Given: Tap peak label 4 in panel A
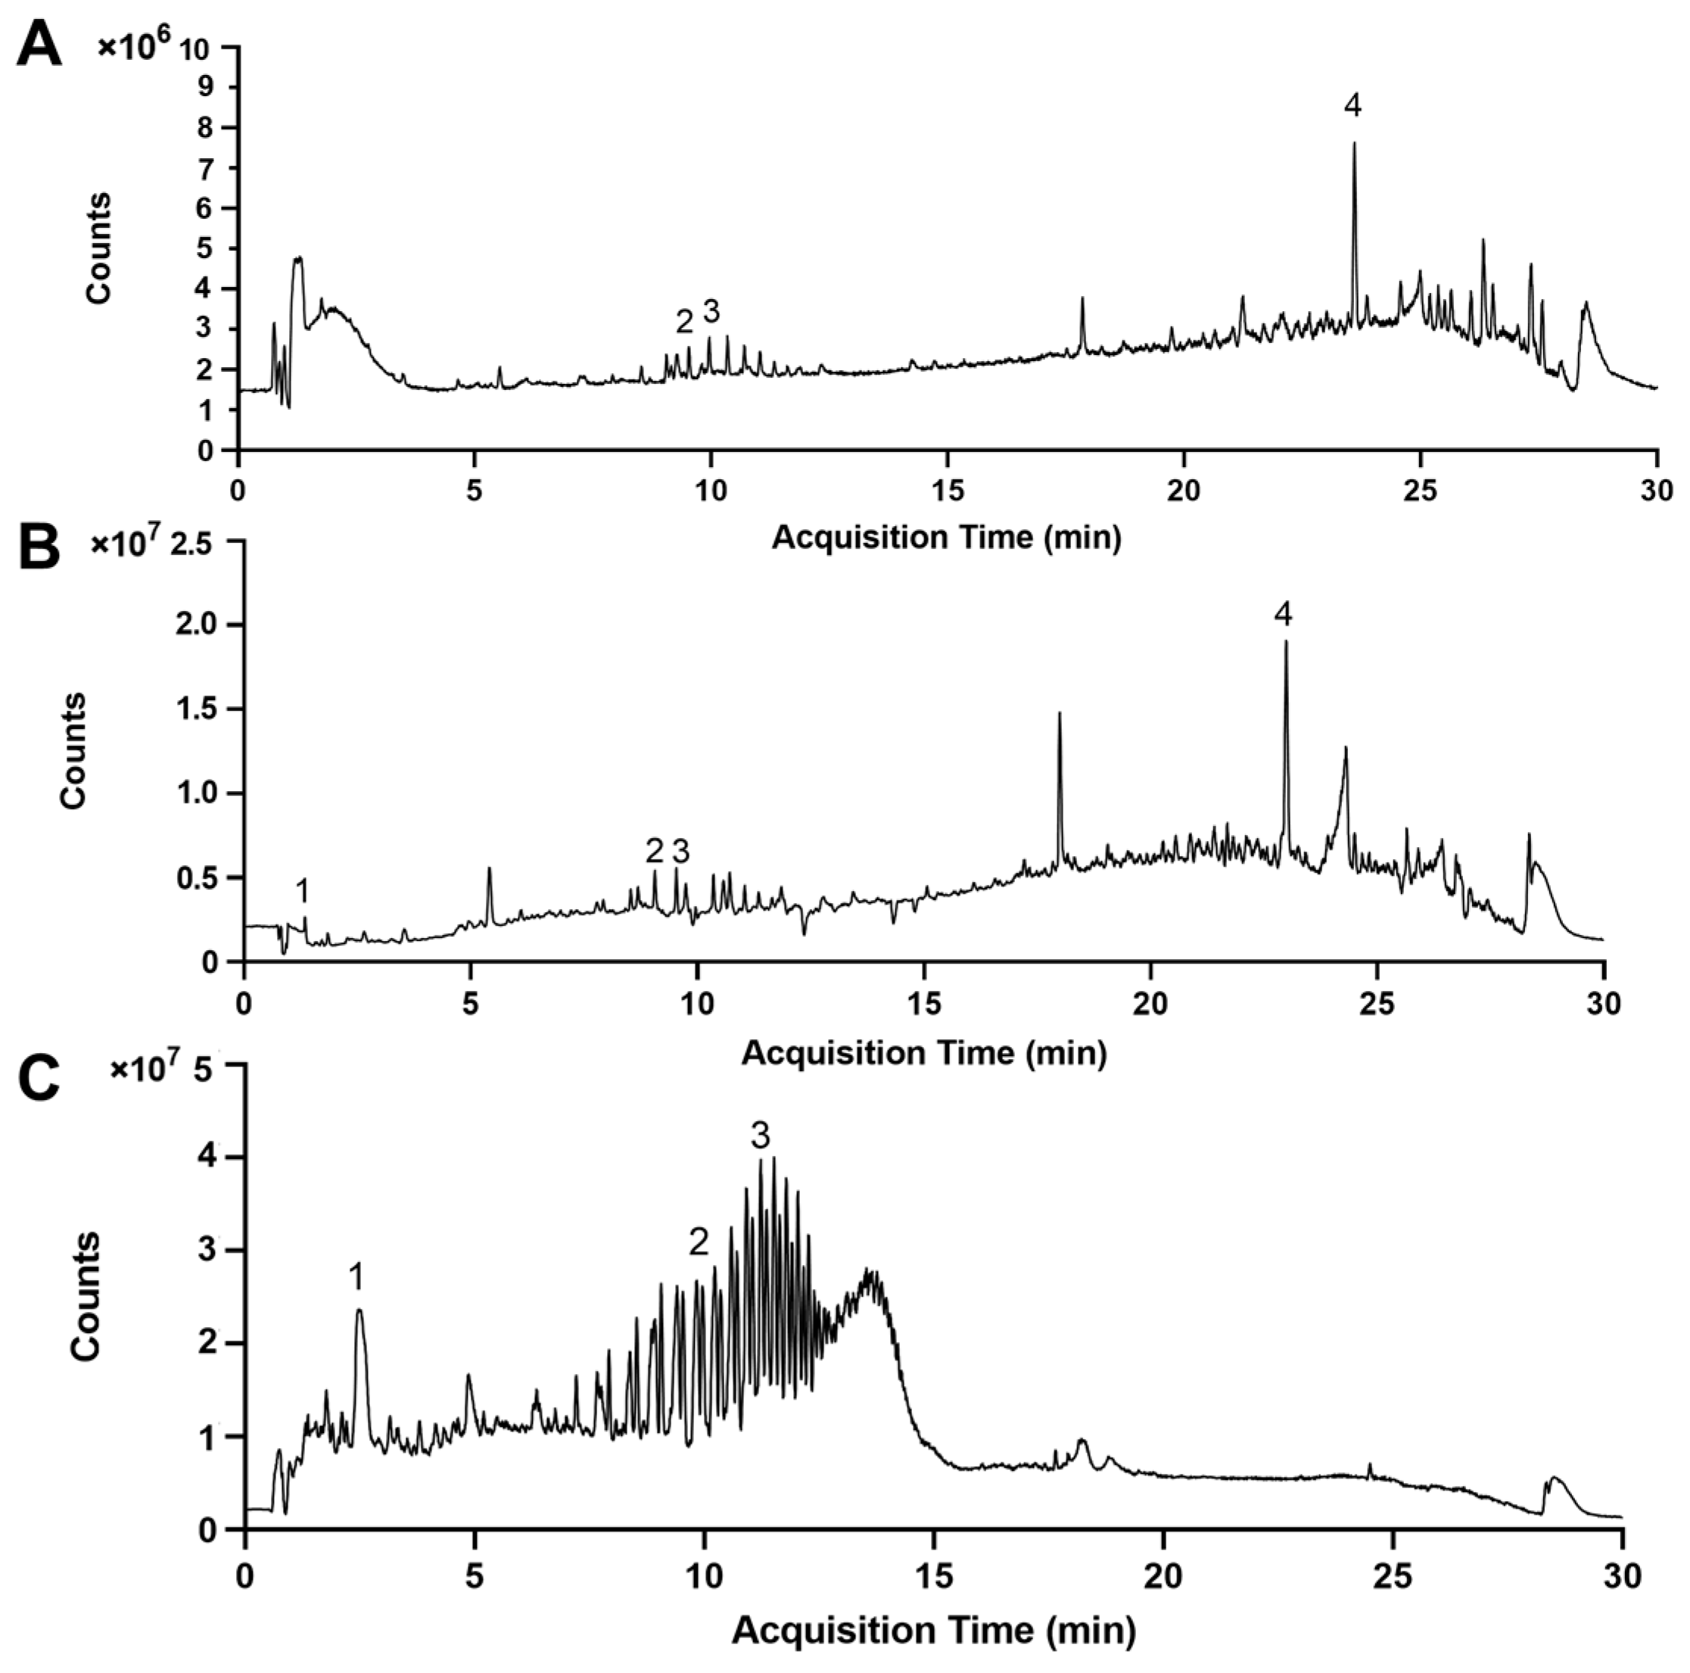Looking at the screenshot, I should tap(1352, 107).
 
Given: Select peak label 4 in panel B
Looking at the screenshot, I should tap(1282, 615).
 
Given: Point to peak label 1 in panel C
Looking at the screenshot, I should tap(356, 1279).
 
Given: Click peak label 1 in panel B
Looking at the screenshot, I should tap(302, 892).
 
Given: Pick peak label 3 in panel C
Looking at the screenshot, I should tap(760, 1136).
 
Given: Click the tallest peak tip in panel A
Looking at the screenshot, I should tap(1354, 145).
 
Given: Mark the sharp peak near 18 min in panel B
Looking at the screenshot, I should tap(1060, 714).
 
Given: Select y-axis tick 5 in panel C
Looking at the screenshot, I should tap(208, 1065).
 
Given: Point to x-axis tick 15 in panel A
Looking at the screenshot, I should tap(948, 490).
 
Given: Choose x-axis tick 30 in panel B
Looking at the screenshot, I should tap(1602, 1002).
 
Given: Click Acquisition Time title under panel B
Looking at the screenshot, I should tap(924, 1051).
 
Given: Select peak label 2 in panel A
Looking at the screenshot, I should tap(684, 322).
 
